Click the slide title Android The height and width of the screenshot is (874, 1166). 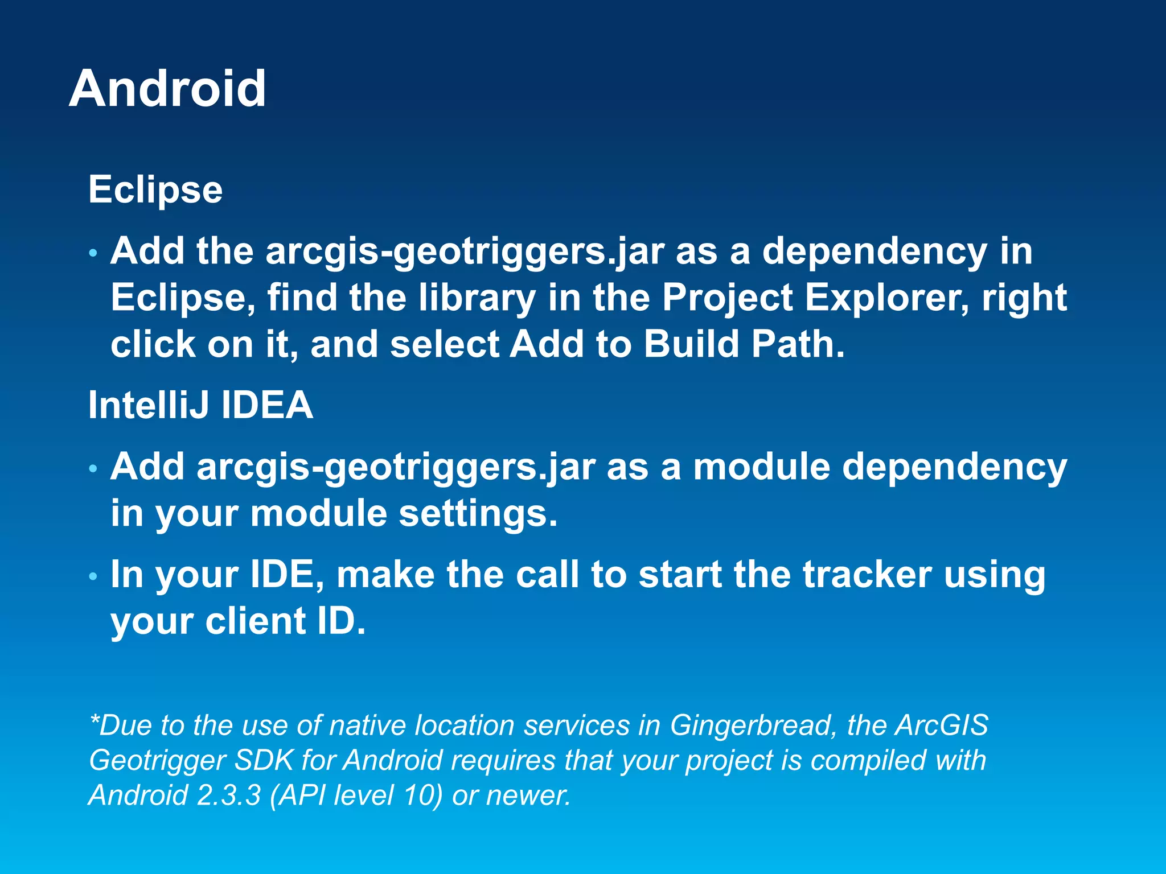[x=167, y=89]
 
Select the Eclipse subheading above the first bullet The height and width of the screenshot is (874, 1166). [x=155, y=189]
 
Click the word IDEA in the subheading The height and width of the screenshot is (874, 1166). [x=267, y=405]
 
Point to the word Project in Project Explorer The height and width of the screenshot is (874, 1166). [x=727, y=298]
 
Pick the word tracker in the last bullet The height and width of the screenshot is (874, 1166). [x=867, y=574]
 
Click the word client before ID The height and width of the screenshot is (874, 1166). [x=254, y=621]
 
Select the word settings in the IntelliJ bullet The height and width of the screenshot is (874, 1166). [x=477, y=513]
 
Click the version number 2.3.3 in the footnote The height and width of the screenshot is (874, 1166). [x=228, y=795]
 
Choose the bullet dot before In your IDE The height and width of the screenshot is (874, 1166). [x=93, y=577]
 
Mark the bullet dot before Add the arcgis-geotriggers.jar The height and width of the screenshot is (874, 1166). [x=93, y=253]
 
